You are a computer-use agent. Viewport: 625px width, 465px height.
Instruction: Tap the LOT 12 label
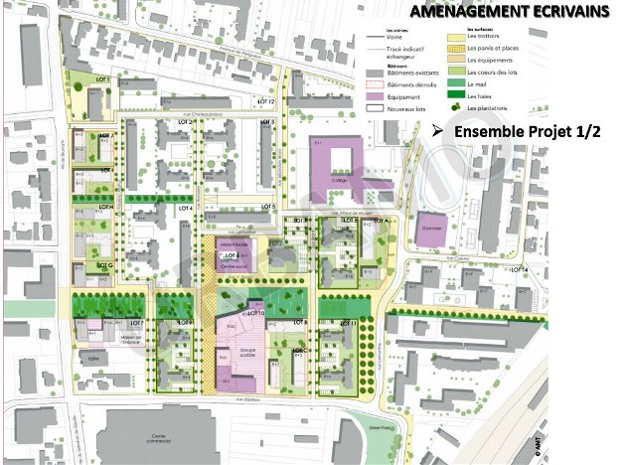click(264, 102)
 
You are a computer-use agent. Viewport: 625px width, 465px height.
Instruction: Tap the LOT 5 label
click(265, 207)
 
